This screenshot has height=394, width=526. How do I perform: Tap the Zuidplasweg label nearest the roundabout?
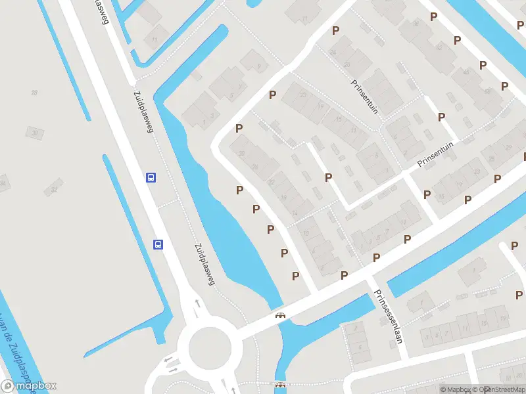coord(204,265)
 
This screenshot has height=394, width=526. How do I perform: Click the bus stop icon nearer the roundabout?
coord(158,244)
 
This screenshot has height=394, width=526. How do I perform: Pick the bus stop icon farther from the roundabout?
coord(151,177)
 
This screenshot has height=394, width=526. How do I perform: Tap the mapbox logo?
coord(29,386)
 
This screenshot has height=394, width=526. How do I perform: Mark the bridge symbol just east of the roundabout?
coord(281,316)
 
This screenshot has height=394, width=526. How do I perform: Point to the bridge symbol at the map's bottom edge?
coord(281,385)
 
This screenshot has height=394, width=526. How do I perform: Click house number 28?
coord(34,93)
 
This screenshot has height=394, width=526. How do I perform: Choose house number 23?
coord(303,95)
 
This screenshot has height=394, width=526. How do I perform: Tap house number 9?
coord(259,66)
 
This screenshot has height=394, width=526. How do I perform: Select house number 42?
coord(439,47)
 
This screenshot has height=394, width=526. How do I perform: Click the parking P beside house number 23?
coord(272,95)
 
